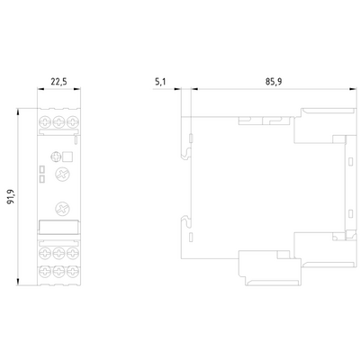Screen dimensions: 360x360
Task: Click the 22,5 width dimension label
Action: [58, 82]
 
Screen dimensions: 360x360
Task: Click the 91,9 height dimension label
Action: [11, 196]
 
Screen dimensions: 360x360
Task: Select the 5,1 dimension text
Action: [160, 82]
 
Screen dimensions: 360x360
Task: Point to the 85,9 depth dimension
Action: [274, 82]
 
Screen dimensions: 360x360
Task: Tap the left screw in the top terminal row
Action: [45, 122]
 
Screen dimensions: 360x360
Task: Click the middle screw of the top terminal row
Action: [58, 122]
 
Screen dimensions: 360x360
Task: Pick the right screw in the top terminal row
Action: [73, 122]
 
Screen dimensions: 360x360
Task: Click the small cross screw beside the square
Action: [56, 157]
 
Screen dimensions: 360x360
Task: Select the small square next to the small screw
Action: [67, 157]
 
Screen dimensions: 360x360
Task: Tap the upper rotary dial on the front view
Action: [62, 174]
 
